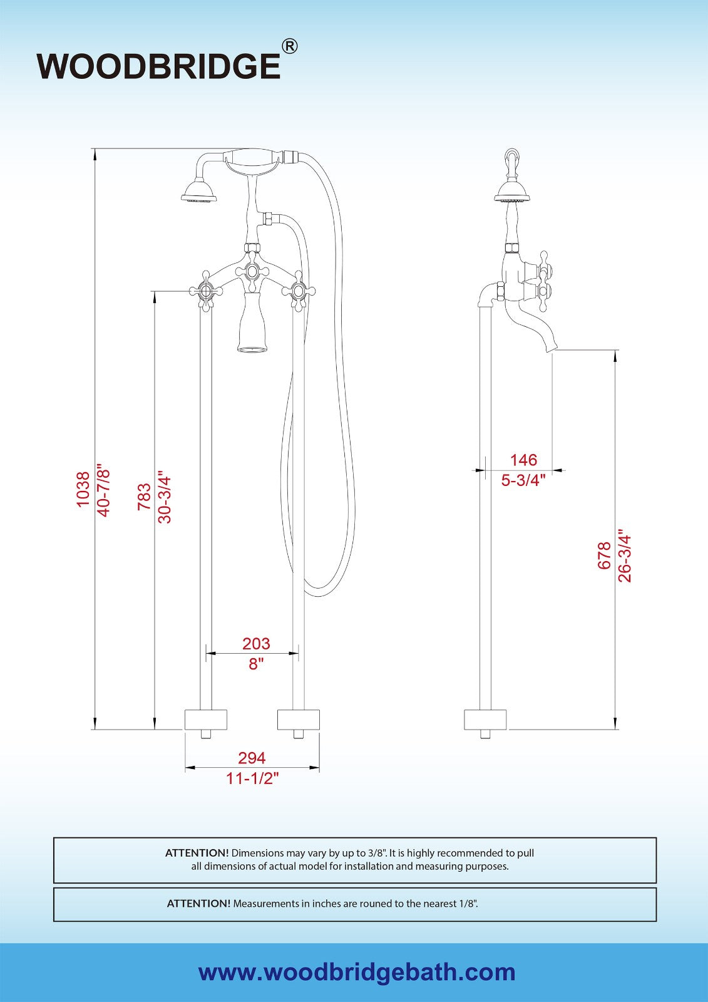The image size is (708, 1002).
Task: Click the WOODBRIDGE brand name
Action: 159,66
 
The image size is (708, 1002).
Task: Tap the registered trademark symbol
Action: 289,46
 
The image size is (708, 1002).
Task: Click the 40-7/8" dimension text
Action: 103,492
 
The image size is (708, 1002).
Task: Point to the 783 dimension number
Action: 145,497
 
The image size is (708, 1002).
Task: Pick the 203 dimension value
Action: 256,643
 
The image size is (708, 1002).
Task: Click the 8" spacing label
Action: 254,664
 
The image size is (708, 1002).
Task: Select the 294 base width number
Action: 252,758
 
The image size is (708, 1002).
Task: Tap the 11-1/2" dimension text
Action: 252,779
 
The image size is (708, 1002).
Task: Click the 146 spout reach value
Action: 524,460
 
